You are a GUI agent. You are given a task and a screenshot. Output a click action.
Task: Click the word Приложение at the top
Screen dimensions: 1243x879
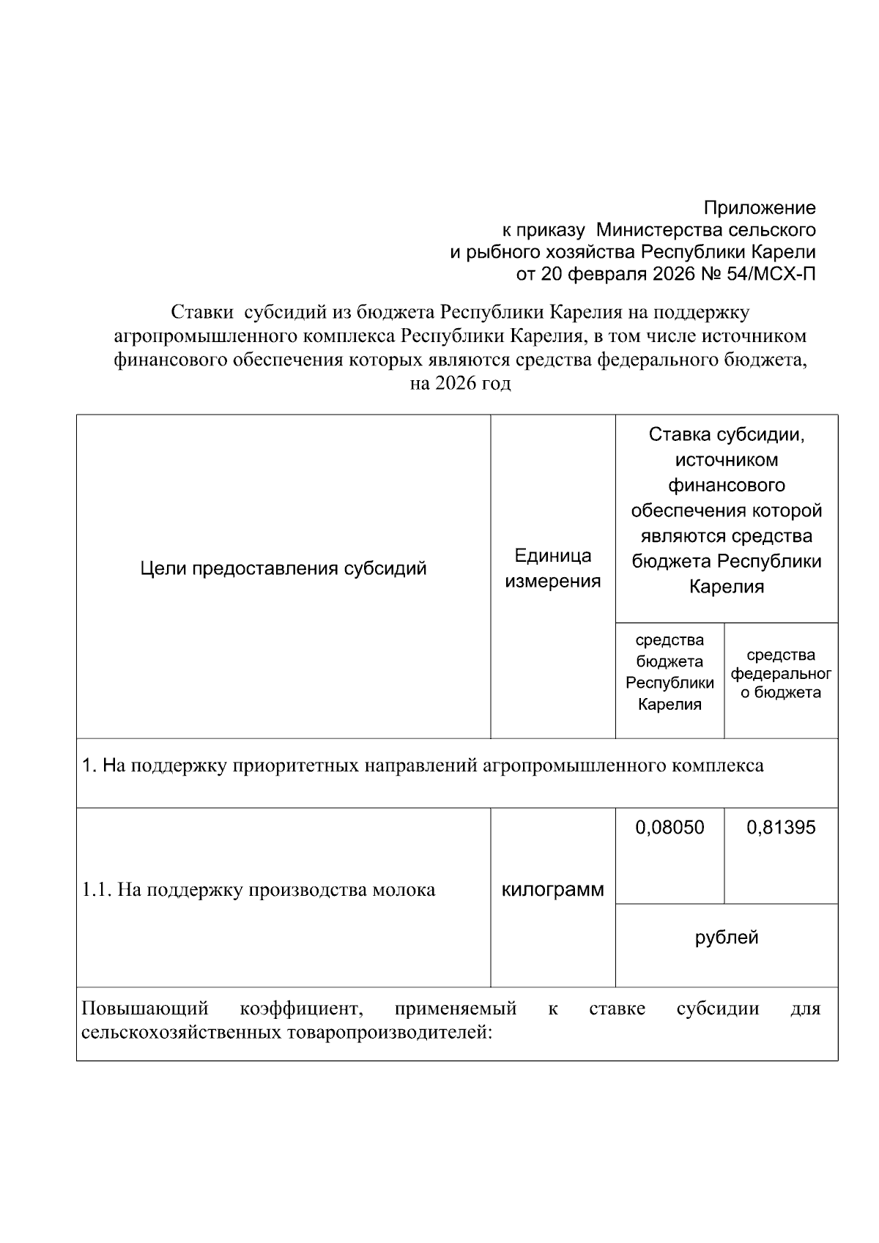[760, 208]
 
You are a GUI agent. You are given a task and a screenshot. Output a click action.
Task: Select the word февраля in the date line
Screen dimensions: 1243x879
[600, 275]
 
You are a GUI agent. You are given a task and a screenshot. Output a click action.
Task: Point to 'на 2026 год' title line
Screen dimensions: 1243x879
[460, 383]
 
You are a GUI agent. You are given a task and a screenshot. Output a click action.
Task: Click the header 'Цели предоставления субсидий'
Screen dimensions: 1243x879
[283, 569]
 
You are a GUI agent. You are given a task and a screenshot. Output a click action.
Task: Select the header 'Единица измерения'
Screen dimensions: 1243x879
[553, 568]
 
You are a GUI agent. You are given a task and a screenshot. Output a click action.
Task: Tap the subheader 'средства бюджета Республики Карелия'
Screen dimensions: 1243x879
[670, 672]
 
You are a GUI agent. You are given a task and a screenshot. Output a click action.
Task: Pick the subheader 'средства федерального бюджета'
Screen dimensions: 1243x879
[781, 673]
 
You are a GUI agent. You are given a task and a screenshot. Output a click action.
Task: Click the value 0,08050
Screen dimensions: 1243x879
[670, 828]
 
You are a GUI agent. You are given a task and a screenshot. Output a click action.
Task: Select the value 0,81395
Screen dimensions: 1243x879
[781, 828]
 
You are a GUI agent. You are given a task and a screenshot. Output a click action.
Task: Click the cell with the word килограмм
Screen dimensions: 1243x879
[553, 890]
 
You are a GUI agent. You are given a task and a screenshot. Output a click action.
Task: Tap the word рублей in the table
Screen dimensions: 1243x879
[727, 938]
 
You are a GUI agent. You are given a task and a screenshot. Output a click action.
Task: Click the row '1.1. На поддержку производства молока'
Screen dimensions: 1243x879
[259, 890]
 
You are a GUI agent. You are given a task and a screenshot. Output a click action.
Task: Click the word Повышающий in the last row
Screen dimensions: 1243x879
[145, 1009]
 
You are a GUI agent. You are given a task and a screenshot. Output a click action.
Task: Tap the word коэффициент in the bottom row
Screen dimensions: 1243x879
[301, 1009]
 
